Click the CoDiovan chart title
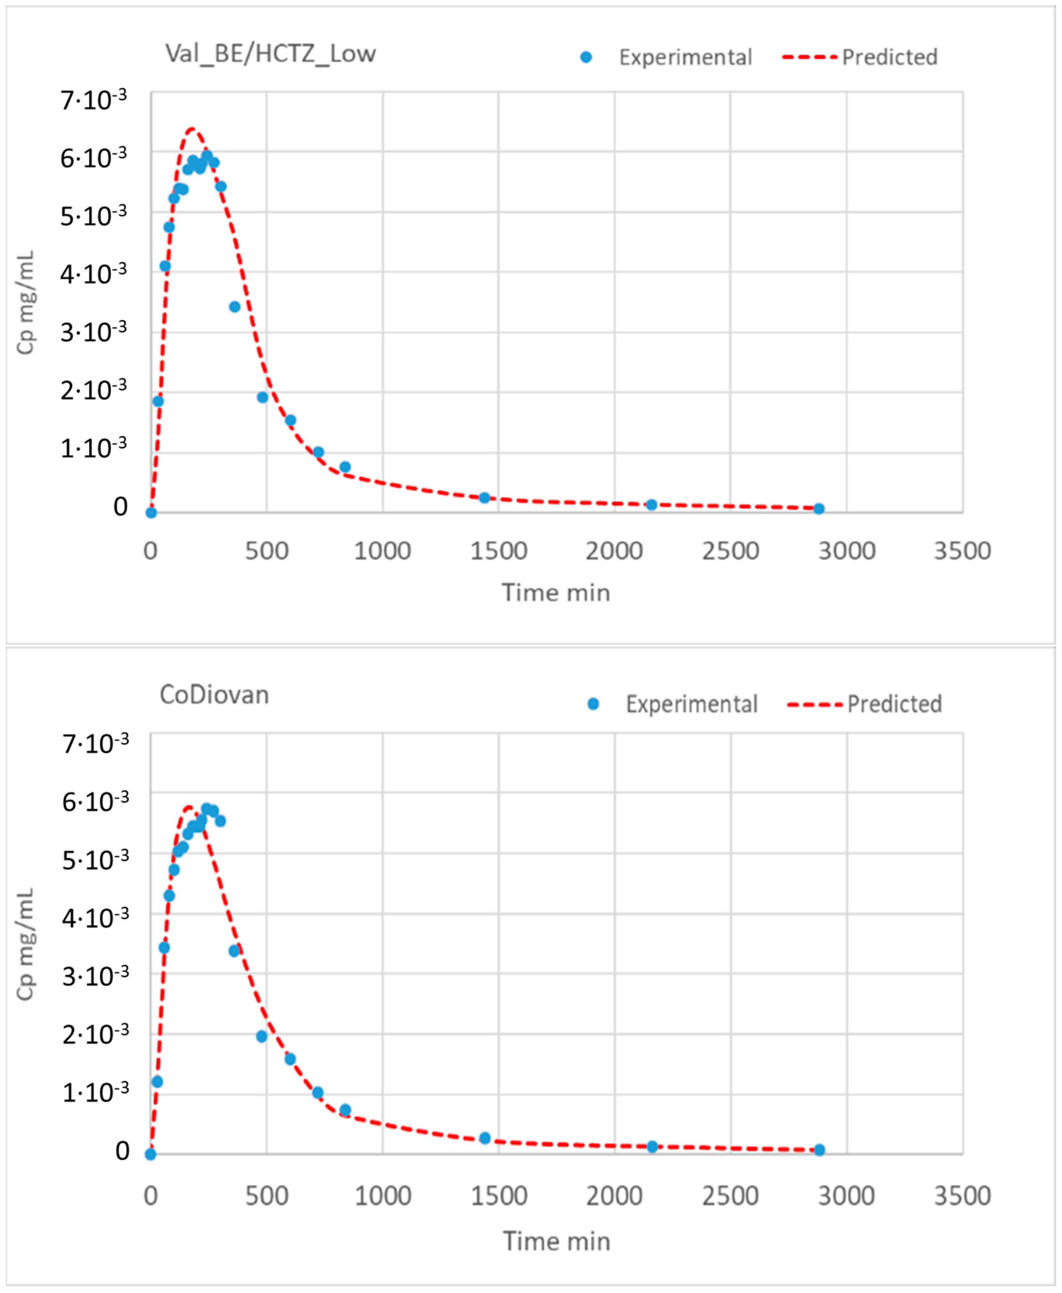[214, 696]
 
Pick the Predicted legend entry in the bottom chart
[894, 704]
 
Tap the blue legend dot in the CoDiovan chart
[592, 704]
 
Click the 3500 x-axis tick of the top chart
[962, 551]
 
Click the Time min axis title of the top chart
[556, 593]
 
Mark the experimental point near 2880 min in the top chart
[818, 508]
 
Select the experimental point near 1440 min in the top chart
[485, 498]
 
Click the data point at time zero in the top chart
[151, 513]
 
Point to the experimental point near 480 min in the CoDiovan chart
[262, 1036]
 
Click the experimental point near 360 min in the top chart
[234, 306]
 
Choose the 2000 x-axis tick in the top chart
[614, 551]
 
